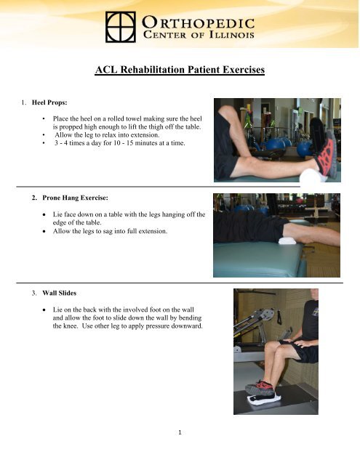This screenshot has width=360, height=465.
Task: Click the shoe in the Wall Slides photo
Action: point(261,387)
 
